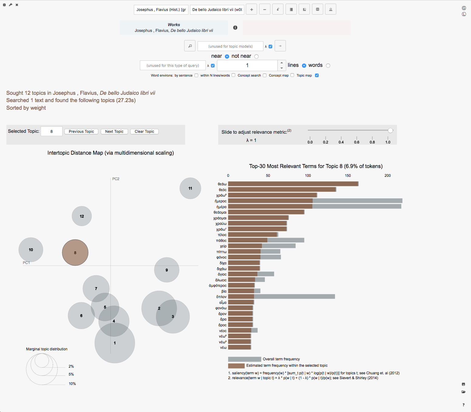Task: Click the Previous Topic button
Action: pyautogui.click(x=81, y=132)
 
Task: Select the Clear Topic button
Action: pyautogui.click(x=144, y=132)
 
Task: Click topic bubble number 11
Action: pyautogui.click(x=190, y=188)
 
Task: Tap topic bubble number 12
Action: pyautogui.click(x=82, y=216)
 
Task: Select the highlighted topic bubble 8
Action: pyautogui.click(x=75, y=252)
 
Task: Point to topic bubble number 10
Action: pyautogui.click(x=31, y=250)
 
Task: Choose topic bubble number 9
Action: pyautogui.click(x=167, y=270)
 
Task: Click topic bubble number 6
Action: pyautogui.click(x=81, y=316)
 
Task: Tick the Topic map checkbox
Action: pyautogui.click(x=317, y=75)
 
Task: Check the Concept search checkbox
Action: pyautogui.click(x=265, y=75)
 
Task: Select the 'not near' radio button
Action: pyautogui.click(x=256, y=56)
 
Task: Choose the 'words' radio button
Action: pyautogui.click(x=328, y=65)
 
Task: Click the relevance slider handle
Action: pyautogui.click(x=390, y=130)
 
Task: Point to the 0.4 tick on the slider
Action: pyautogui.click(x=341, y=138)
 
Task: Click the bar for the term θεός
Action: pyautogui.click(x=282, y=190)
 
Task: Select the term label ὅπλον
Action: pyautogui.click(x=221, y=297)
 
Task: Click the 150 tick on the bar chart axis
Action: pyautogui.click(x=348, y=176)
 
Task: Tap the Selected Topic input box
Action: pyautogui.click(x=52, y=131)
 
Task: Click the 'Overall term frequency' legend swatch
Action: pyautogui.click(x=244, y=359)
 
